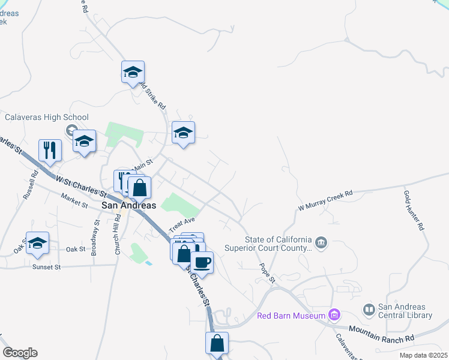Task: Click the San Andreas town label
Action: point(129,205)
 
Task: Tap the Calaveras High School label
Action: point(47,118)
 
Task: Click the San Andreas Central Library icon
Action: point(369,310)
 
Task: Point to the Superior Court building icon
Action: point(321,242)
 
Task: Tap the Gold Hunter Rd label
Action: point(414,211)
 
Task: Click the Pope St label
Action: point(267,272)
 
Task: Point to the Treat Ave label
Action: point(182,226)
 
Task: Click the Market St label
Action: point(74,200)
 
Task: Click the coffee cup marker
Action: point(202,262)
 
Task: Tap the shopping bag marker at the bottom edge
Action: point(217,344)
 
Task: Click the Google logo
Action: point(20,353)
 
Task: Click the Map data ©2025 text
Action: point(423,355)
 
